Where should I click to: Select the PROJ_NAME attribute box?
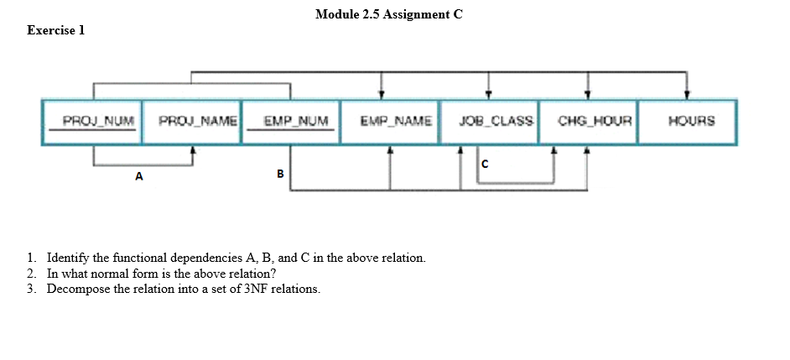[x=192, y=122]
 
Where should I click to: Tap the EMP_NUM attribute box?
[x=290, y=122]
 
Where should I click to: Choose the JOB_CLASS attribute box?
[x=488, y=122]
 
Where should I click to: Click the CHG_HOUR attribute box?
[x=588, y=122]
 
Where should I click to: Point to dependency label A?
[x=139, y=177]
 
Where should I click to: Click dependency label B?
[x=280, y=174]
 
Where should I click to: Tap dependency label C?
[x=485, y=164]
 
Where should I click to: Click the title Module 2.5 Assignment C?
[x=389, y=14]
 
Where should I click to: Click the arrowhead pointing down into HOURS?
[x=687, y=95]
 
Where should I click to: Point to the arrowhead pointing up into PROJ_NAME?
[x=193, y=151]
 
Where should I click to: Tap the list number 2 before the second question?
[x=31, y=274]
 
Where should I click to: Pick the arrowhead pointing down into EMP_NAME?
[x=382, y=95]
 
